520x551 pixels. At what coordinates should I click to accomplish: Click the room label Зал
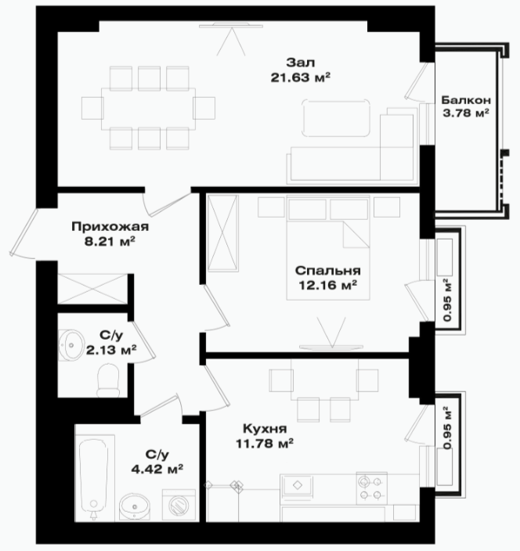[x=300, y=63]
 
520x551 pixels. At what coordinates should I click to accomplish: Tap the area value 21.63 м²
[x=301, y=77]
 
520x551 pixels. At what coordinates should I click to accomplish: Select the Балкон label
[x=466, y=100]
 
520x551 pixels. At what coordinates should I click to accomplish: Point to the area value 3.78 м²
[x=466, y=113]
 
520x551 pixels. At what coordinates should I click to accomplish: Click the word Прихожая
[x=110, y=227]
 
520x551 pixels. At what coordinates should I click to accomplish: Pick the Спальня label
[x=327, y=271]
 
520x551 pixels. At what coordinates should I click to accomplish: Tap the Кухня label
[x=265, y=429]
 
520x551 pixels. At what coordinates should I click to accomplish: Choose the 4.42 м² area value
[x=157, y=469]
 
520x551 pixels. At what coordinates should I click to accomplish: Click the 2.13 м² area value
[x=111, y=350]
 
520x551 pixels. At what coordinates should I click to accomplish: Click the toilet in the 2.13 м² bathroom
[x=108, y=380]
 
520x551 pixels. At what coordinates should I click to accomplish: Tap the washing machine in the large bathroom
[x=179, y=505]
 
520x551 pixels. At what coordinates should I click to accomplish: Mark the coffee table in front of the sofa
[x=335, y=118]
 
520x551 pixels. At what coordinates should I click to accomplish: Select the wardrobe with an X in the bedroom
[x=223, y=234]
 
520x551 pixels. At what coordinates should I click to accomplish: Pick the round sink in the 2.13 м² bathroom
[x=70, y=345]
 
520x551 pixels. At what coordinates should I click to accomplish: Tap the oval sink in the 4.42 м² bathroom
[x=135, y=506]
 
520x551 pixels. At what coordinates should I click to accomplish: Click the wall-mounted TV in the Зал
[x=224, y=25]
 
